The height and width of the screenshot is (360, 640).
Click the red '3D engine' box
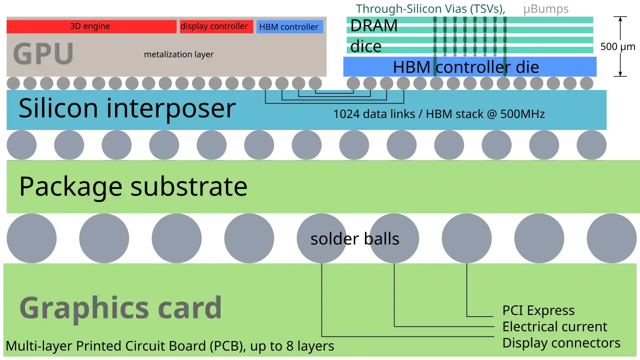[90, 26]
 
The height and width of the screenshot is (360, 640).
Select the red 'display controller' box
[214, 26]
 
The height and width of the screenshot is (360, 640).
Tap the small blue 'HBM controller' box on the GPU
[289, 27]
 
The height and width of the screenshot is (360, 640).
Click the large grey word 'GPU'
[43, 54]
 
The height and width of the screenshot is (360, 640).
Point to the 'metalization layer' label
[178, 54]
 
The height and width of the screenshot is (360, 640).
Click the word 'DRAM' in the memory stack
[373, 25]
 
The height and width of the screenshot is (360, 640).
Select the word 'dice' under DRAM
[365, 46]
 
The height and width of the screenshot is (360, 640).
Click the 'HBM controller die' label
[465, 67]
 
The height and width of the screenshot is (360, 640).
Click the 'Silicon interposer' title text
[127, 108]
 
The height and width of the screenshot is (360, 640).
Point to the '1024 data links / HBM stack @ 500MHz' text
[438, 114]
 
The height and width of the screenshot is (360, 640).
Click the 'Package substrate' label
[133, 186]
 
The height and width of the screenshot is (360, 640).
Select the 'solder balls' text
[354, 239]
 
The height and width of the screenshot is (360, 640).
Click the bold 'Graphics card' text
[120, 307]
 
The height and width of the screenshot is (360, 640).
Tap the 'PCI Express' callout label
[538, 310]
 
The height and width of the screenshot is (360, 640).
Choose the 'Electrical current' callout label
[554, 327]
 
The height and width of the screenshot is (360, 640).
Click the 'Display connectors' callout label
[561, 343]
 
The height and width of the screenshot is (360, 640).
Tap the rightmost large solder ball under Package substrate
[611, 238]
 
